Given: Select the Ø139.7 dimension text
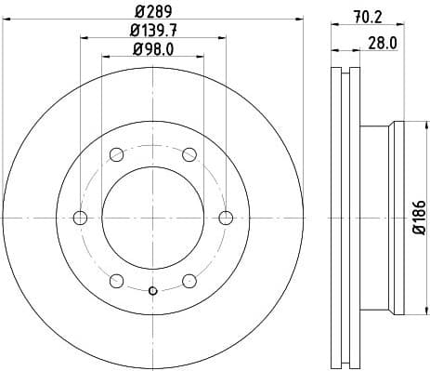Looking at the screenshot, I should click(153, 32).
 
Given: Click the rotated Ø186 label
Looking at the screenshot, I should click(419, 218).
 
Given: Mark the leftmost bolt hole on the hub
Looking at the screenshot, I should click(80, 218).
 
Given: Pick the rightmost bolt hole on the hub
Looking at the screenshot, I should click(226, 218).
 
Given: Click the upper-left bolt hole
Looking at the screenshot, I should click(116, 154).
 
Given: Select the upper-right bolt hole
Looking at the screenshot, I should click(189, 154).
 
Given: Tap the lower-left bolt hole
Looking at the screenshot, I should click(116, 281).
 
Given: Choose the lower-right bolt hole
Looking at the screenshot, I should click(189, 281).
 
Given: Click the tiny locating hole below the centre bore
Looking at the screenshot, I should click(153, 291).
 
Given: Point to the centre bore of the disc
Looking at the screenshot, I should click(153, 218).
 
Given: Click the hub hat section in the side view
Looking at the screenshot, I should click(381, 218).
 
